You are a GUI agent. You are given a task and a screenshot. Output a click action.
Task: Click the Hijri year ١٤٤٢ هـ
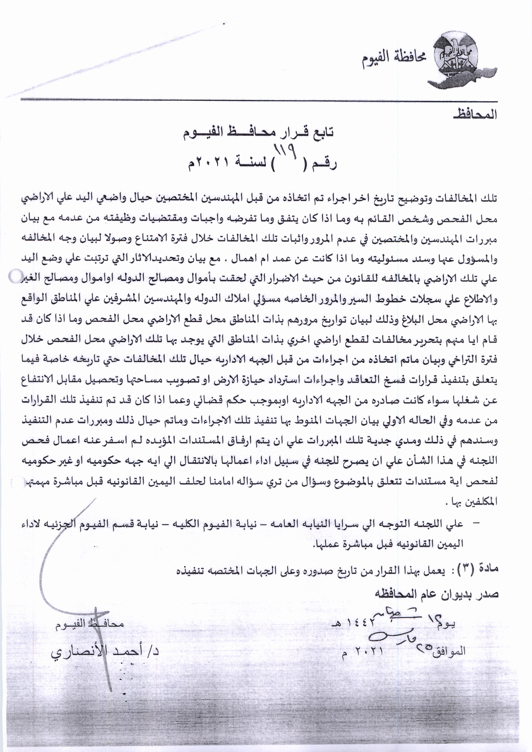coord(352,624)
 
